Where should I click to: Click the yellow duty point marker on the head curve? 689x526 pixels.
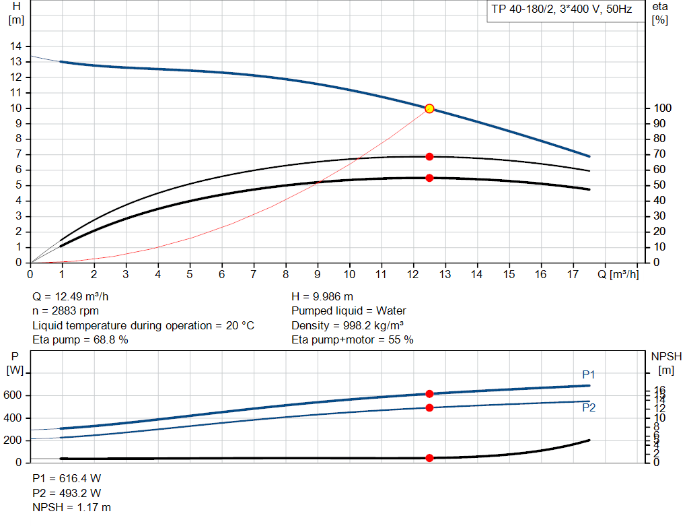tap(429, 108)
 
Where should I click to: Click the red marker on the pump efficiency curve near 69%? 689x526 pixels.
tap(429, 156)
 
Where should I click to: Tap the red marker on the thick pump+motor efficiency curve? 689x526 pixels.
tap(429, 178)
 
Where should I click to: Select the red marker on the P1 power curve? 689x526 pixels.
tap(429, 393)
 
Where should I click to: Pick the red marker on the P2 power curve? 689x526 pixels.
tap(429, 407)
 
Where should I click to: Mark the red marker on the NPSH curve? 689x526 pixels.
tap(429, 458)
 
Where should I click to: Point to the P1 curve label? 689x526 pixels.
tap(589, 374)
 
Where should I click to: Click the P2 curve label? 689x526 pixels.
tap(589, 407)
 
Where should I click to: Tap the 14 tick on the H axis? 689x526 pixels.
tap(15, 46)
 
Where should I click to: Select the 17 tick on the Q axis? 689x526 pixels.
tap(573, 274)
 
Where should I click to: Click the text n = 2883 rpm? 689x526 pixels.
tap(66, 310)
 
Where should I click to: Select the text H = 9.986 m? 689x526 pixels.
tap(322, 296)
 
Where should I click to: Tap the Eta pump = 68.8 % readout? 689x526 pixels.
tap(80, 339)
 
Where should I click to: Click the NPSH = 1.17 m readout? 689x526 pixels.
tap(72, 507)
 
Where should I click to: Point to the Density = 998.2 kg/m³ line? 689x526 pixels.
tap(353, 325)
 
